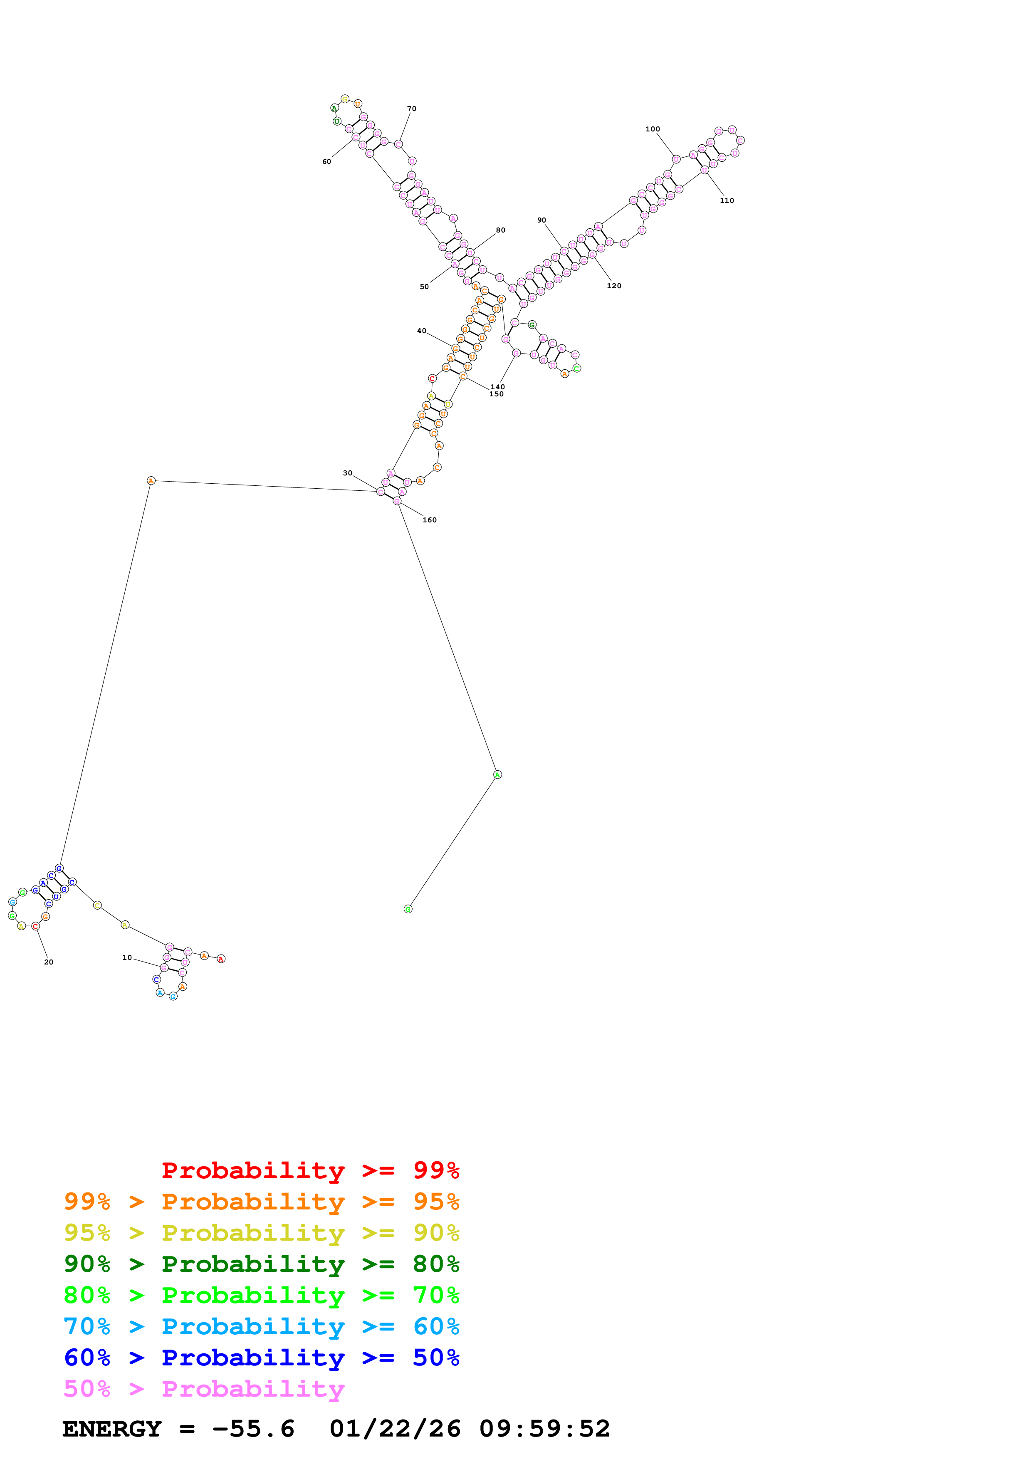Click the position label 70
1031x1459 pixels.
(412, 109)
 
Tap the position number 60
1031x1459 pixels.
(326, 161)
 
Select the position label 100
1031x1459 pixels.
(653, 129)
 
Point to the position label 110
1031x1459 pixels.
(727, 201)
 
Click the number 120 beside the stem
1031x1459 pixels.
(613, 286)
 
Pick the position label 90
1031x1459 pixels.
(541, 220)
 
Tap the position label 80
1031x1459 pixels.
(501, 230)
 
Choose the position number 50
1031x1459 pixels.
(424, 287)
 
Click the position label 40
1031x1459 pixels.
(422, 331)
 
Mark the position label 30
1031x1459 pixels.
(347, 473)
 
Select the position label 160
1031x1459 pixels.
(430, 520)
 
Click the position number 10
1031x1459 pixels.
(127, 958)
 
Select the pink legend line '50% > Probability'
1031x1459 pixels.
(204, 1389)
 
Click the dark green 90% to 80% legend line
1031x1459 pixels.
(261, 1264)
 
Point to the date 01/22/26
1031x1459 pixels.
(395, 1429)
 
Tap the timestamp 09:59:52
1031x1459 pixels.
(544, 1429)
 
